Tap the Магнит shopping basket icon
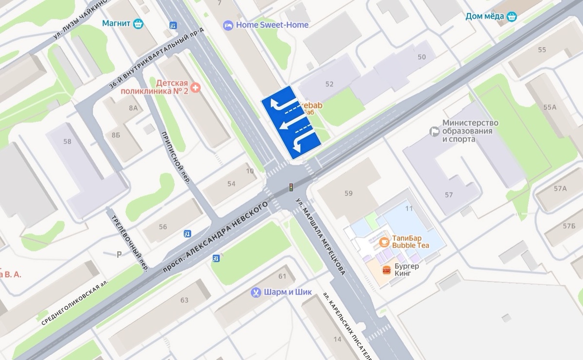(138, 23)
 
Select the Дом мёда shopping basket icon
(511, 17)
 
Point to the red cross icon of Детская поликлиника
(195, 87)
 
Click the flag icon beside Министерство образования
(434, 131)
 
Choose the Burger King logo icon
(387, 270)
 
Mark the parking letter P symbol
(120, 254)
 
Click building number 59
(348, 193)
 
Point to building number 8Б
(116, 135)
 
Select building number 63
(184, 300)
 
